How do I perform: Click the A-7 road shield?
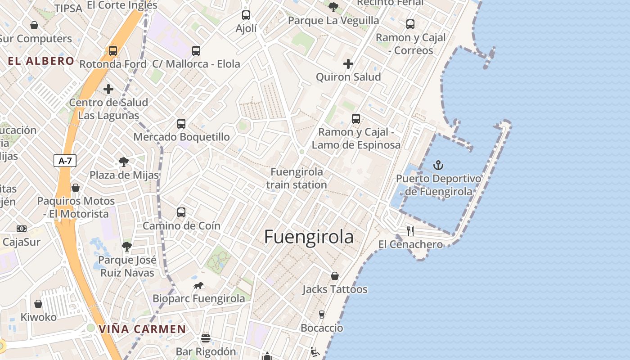point(65,161)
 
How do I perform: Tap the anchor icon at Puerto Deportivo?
point(438,166)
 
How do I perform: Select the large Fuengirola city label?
point(309,237)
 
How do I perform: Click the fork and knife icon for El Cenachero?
point(410,231)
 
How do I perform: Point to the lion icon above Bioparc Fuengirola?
point(198,285)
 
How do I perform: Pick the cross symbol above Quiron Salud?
point(348,64)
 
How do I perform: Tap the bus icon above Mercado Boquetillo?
point(181,123)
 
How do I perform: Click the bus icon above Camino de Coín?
point(181,212)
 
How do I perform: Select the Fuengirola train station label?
point(297,178)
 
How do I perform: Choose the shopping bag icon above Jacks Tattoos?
point(335,276)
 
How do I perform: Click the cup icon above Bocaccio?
point(321,315)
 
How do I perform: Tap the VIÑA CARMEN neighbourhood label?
point(142,329)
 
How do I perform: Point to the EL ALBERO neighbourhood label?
point(41,61)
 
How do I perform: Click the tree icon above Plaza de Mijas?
point(124,162)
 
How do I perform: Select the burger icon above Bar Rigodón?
point(206,338)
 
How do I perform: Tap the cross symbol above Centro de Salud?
point(108,89)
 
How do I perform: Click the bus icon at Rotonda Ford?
point(113,51)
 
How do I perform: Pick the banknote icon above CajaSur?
point(22,229)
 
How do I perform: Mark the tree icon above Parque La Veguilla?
point(333,7)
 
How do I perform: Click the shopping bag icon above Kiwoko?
point(38,304)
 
